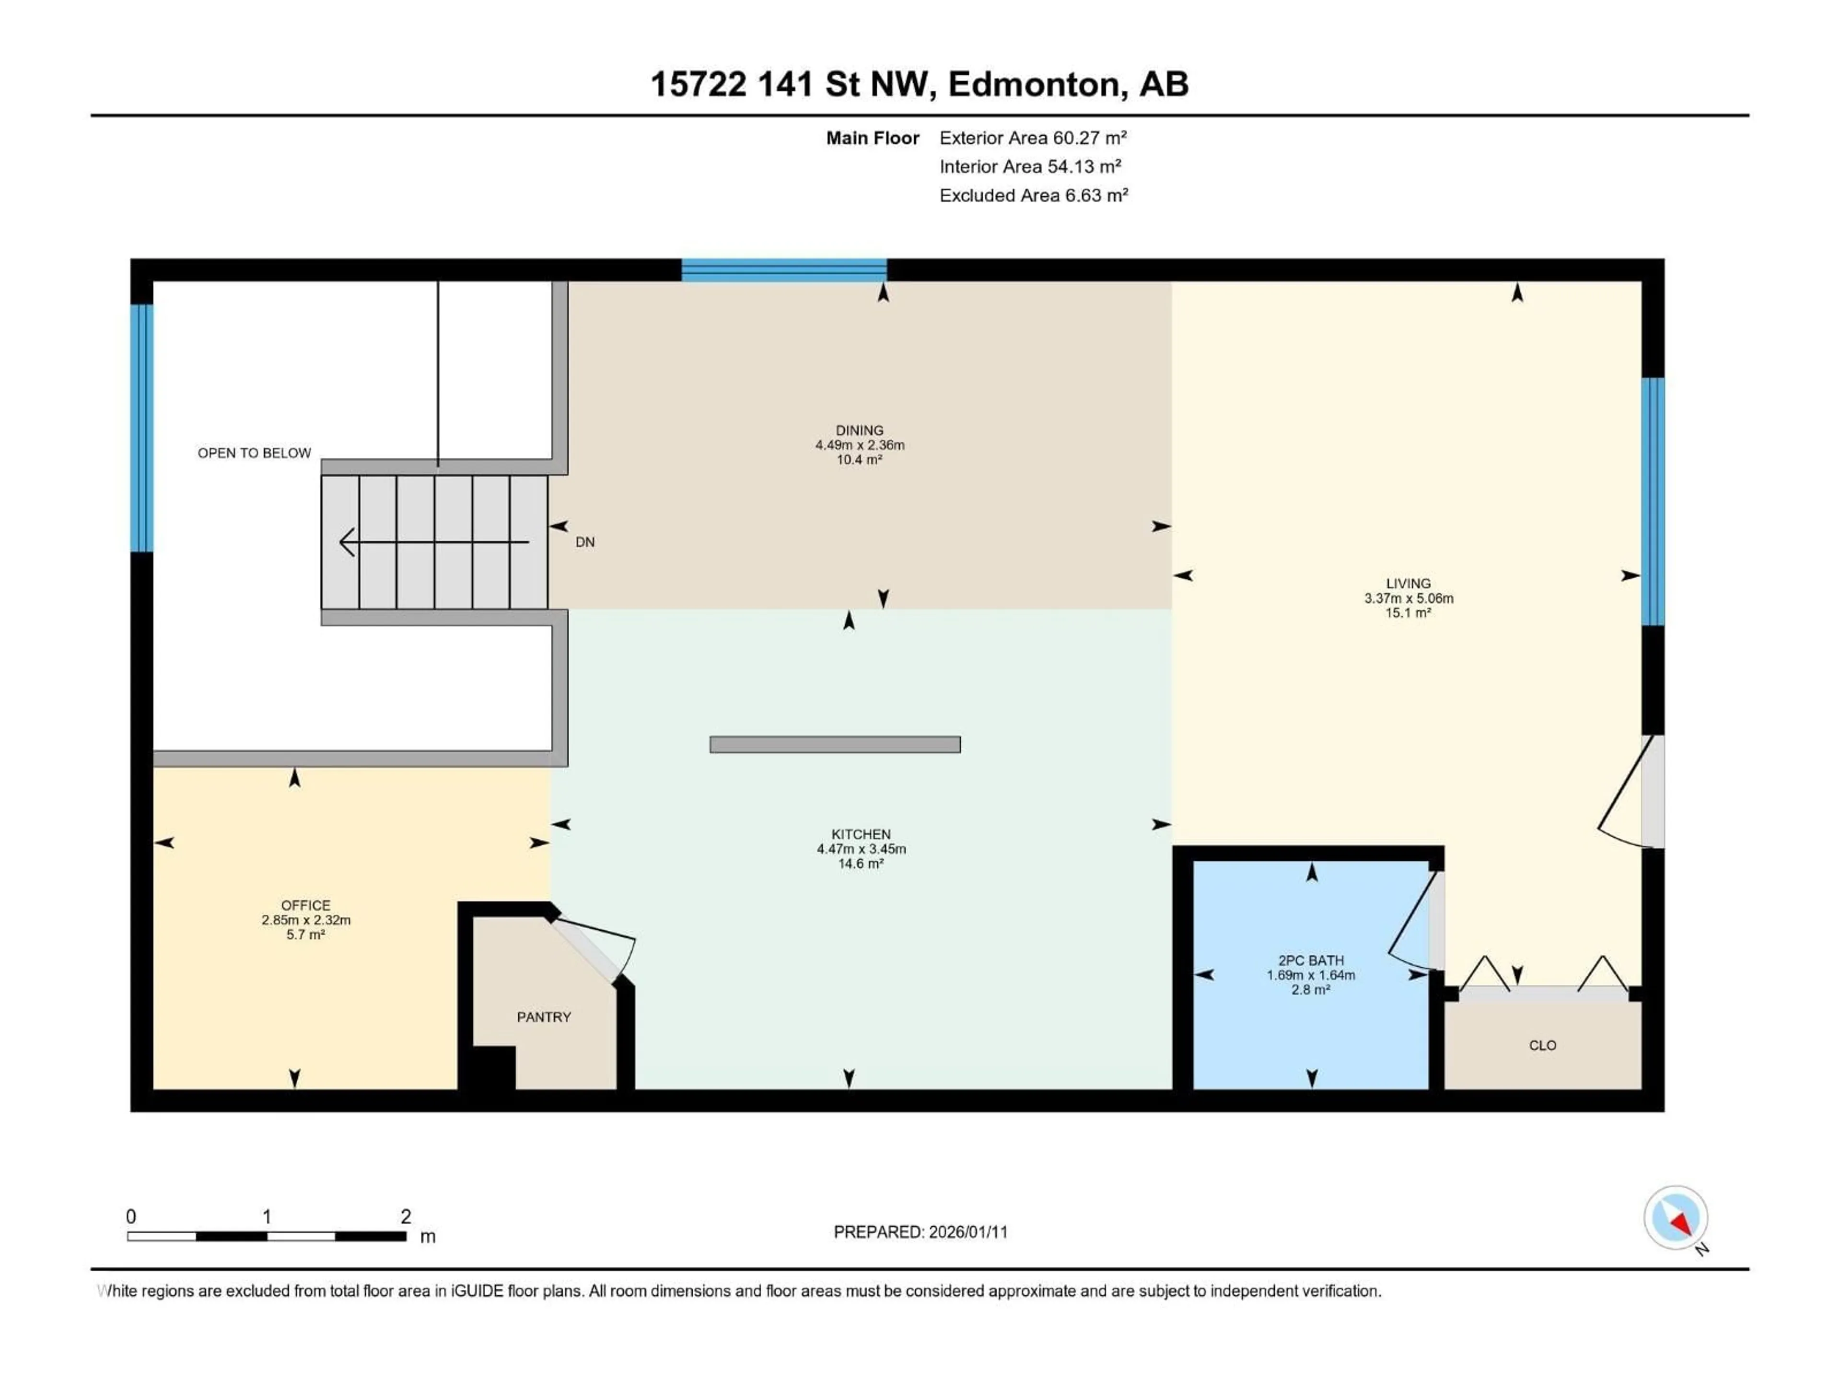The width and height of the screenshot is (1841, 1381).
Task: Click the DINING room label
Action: click(x=860, y=431)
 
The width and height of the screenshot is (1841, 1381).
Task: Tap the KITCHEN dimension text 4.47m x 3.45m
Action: click(x=862, y=849)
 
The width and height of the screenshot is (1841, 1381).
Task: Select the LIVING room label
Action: click(x=1408, y=584)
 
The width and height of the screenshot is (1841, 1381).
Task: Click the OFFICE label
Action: click(x=305, y=905)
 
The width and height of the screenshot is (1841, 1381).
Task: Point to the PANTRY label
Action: click(x=544, y=1017)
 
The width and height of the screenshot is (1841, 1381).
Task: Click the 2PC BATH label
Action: click(x=1311, y=960)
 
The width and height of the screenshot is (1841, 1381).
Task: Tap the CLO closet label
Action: click(x=1542, y=1045)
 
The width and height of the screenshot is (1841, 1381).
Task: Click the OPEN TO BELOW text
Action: click(x=254, y=453)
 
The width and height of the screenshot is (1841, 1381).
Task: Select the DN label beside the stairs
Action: click(x=585, y=542)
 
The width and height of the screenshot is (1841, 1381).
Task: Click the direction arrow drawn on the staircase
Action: click(x=433, y=542)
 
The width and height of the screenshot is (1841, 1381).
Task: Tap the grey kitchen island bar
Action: click(x=835, y=744)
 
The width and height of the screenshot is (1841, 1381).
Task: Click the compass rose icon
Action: click(x=1676, y=1218)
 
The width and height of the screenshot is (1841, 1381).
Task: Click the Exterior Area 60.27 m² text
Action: click(x=1033, y=138)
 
